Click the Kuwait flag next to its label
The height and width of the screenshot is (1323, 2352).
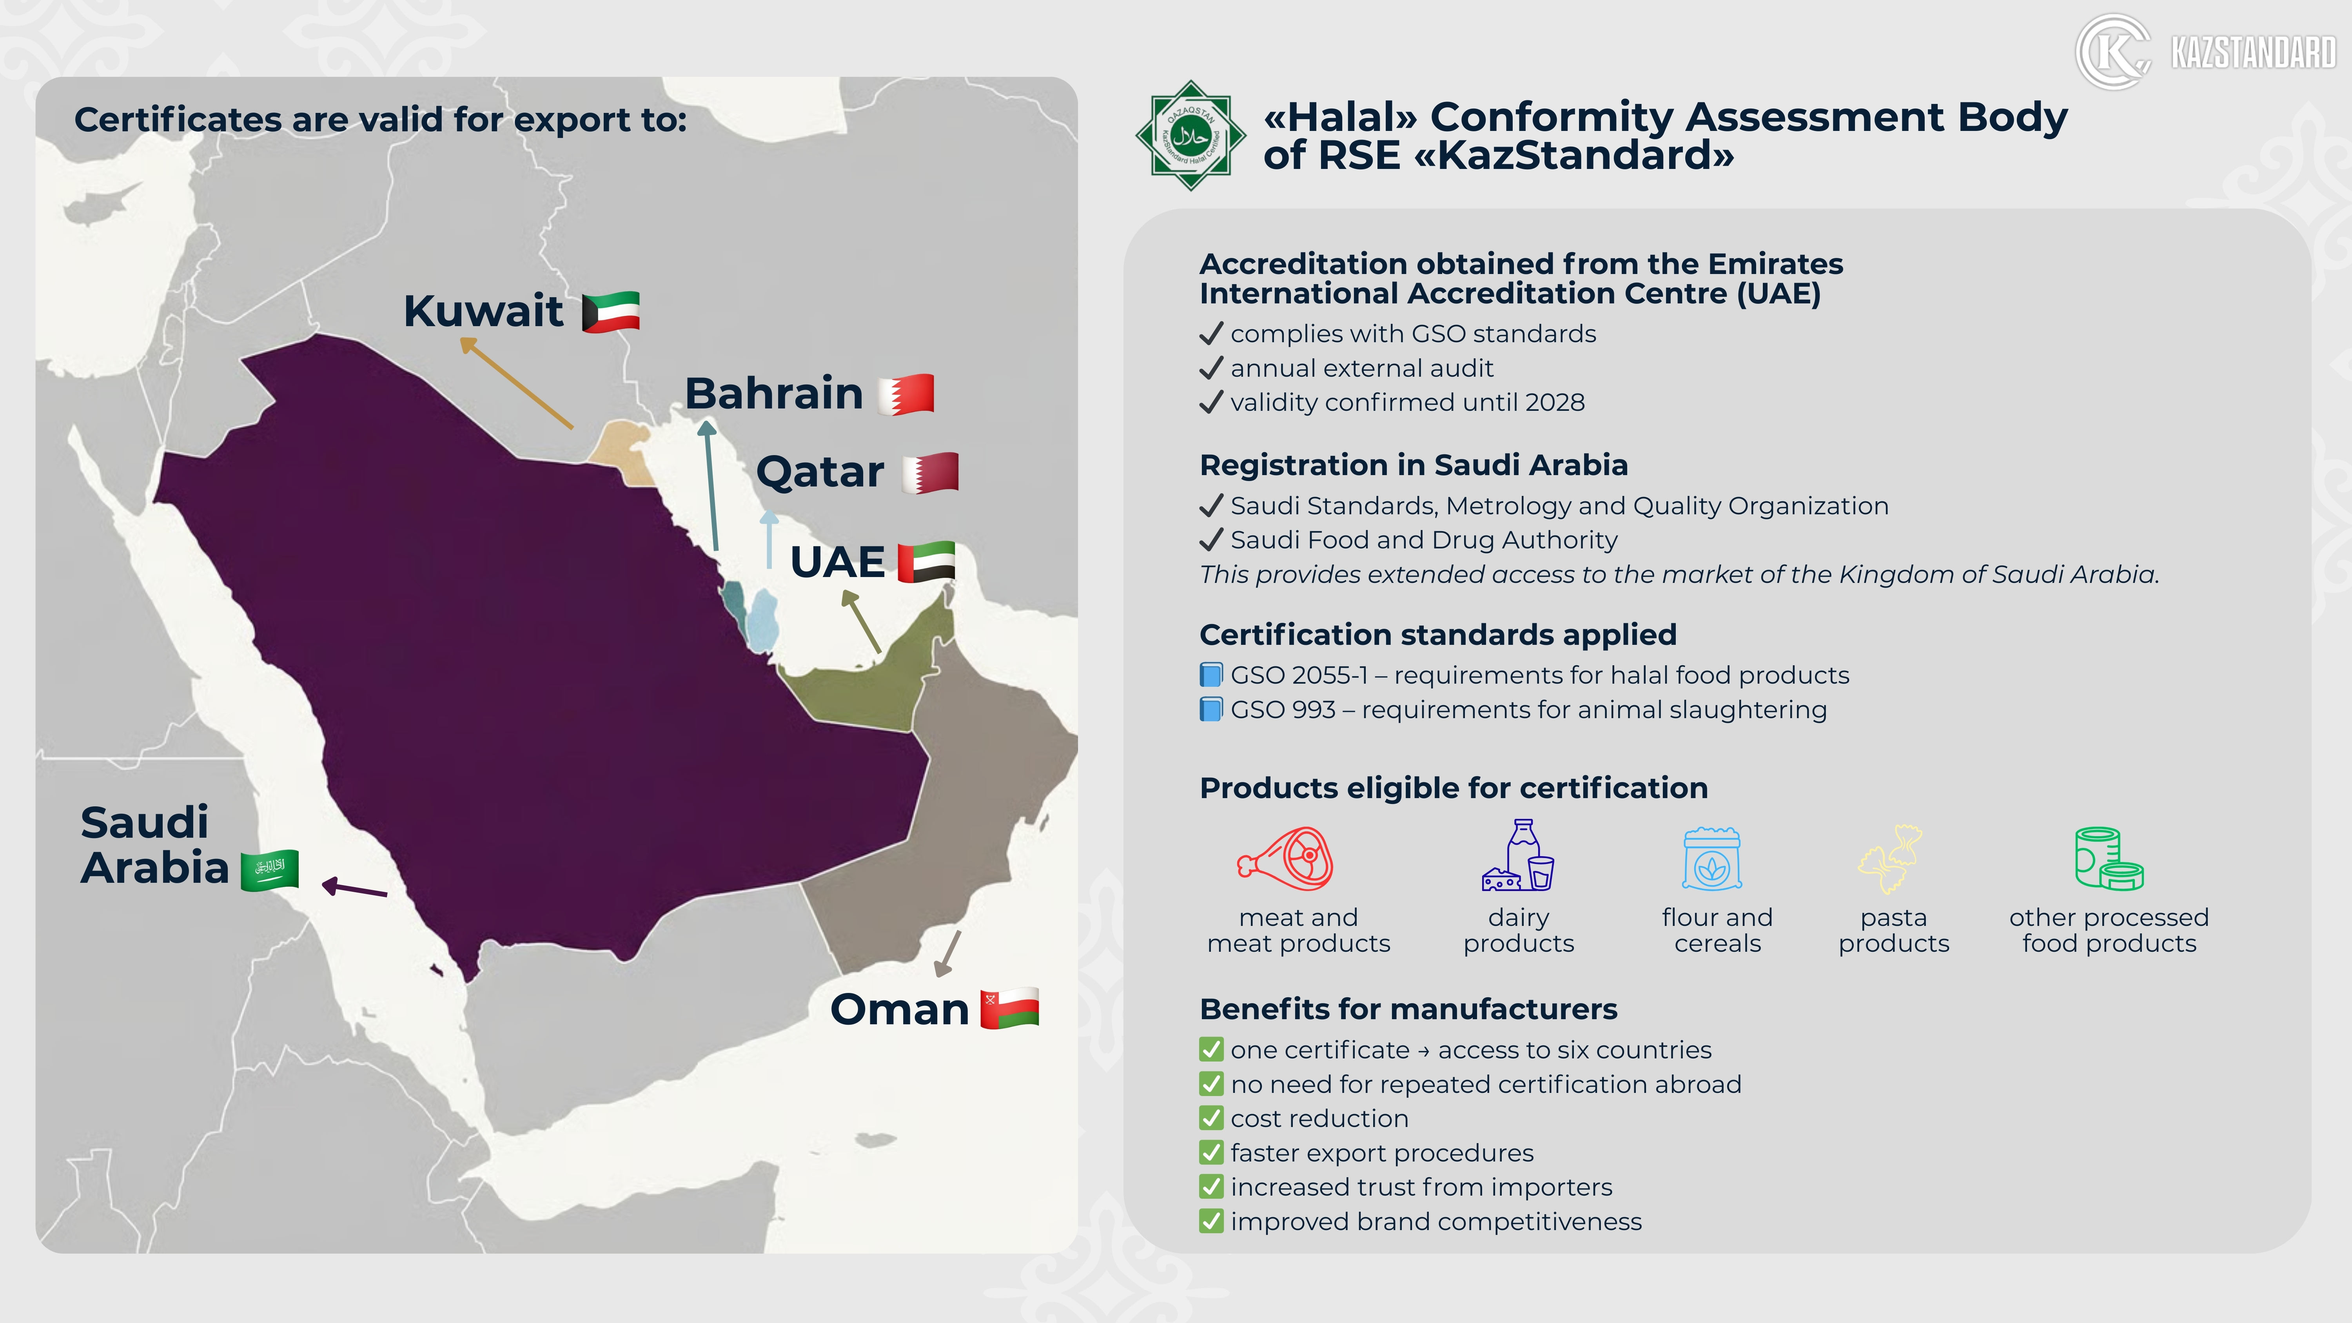[611, 312]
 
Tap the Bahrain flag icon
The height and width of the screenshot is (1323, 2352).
[906, 394]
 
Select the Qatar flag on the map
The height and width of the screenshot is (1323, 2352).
[930, 473]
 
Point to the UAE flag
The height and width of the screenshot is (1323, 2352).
[927, 561]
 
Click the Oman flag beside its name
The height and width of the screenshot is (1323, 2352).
[1010, 1009]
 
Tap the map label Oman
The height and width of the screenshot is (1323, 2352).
[899, 1009]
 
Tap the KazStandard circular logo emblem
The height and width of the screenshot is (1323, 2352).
[2112, 52]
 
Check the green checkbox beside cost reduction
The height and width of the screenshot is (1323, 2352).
[1211, 1118]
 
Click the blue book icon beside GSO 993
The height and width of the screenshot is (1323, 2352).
[1211, 710]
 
